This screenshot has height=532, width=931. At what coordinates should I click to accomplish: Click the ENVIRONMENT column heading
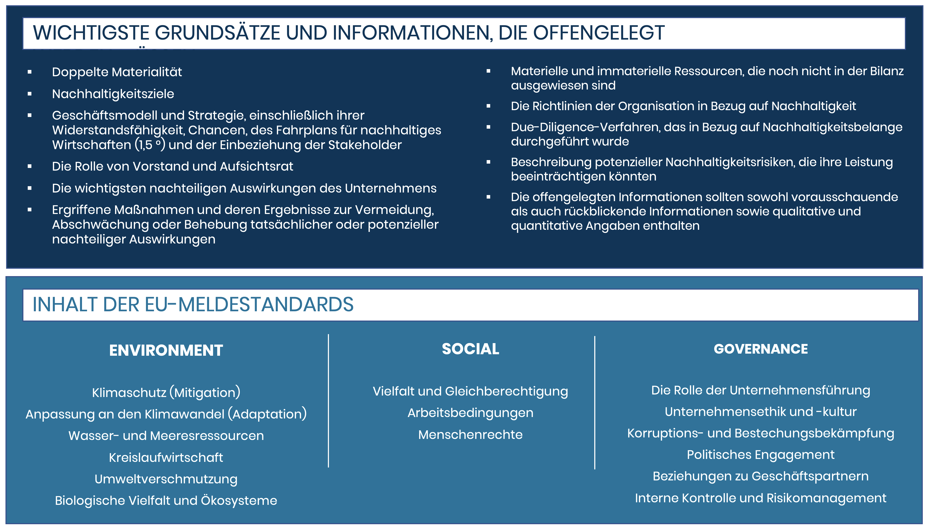pos(166,350)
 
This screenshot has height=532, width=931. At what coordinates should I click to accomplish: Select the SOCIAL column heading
pos(470,349)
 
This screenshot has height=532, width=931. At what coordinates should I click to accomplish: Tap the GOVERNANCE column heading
pos(761,349)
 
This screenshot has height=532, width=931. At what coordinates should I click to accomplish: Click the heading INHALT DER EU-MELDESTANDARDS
pos(193,304)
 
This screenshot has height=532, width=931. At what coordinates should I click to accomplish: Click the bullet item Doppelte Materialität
pos(117,72)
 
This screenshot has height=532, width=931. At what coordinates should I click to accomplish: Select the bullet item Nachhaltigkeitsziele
pos(113,94)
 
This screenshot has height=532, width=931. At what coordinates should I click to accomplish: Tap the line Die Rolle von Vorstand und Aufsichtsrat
pos(173,166)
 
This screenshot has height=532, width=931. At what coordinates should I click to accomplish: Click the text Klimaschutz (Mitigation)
pos(166,392)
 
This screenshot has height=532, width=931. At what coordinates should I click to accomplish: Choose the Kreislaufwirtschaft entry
pos(166,457)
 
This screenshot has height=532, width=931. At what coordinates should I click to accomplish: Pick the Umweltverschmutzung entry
pos(166,479)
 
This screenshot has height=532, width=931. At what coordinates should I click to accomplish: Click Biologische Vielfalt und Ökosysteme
pos(166,501)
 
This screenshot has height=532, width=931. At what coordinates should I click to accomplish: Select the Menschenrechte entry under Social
pos(470,435)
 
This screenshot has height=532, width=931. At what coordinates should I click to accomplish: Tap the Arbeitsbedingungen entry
pos(470,413)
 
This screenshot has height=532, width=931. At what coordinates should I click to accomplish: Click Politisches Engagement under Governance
pos(761,455)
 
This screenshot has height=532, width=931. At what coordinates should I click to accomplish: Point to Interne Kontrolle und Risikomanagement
pos(761,498)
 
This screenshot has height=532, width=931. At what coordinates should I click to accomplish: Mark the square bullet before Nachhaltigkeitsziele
pos(30,94)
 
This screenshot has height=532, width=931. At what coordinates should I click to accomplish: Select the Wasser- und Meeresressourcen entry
pos(166,436)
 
